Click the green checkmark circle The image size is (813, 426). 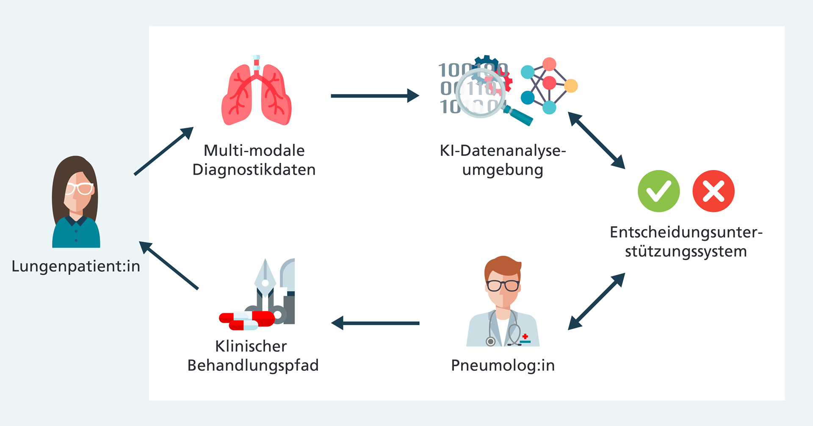[658, 191]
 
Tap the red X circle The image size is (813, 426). [713, 191]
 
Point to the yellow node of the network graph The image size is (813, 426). [571, 86]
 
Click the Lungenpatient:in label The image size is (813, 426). [76, 266]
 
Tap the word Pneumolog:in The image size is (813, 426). [503, 365]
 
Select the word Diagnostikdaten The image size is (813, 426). [254, 170]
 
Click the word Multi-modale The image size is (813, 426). [254, 150]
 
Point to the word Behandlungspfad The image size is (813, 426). [253, 365]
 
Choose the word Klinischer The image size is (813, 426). [251, 346]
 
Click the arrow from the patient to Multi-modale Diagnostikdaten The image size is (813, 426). [163, 151]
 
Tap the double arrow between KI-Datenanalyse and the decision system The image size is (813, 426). [596, 140]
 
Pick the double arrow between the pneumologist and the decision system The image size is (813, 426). [596, 301]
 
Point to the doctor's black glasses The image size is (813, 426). [503, 285]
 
